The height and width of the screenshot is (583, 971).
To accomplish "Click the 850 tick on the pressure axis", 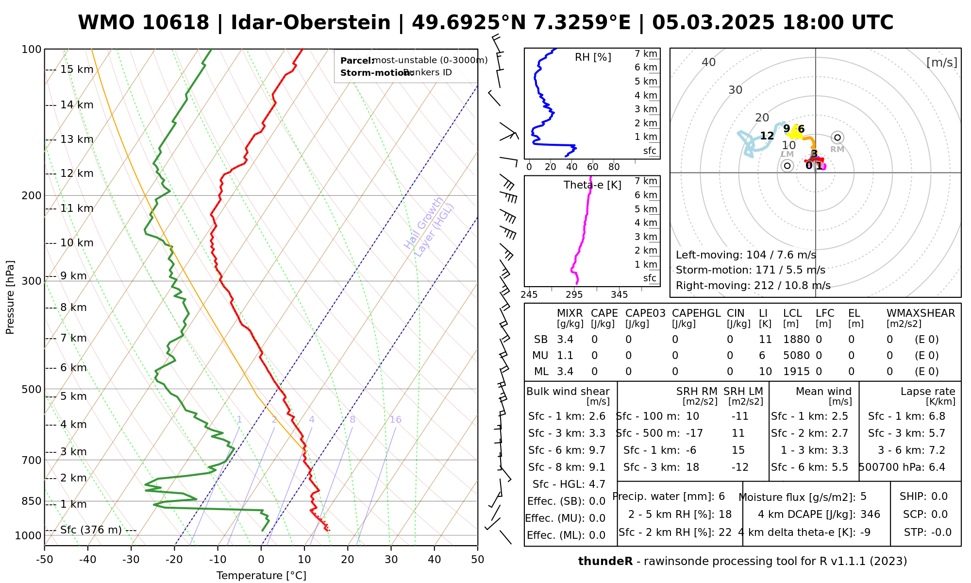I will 32,501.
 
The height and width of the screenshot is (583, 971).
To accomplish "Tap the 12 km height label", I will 77,173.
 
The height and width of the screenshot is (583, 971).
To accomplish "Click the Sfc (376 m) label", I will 91,530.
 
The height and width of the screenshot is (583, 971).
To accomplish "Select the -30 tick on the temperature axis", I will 131,560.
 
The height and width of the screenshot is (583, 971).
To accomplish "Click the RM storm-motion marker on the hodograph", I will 837,137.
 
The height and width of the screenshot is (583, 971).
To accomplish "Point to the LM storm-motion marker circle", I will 787,166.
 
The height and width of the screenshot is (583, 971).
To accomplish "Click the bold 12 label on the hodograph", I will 767,136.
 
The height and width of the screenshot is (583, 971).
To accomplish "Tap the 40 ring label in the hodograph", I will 709,62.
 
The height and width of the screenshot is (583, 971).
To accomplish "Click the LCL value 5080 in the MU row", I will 796,356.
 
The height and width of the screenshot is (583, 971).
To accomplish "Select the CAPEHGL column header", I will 696,313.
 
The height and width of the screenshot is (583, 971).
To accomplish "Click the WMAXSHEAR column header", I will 921,313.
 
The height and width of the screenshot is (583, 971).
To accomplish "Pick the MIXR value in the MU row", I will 565,356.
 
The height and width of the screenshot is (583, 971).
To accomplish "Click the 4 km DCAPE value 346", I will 870,514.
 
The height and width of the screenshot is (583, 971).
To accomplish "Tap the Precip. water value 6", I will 721,497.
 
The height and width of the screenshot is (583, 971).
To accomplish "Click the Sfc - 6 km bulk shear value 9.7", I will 597,450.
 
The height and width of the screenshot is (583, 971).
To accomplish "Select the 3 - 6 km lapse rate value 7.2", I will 937,450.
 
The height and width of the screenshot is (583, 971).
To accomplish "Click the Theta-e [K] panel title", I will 592,185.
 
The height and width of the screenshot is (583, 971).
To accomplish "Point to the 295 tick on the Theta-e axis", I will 574,294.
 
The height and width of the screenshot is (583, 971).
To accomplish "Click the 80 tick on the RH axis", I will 614,167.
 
